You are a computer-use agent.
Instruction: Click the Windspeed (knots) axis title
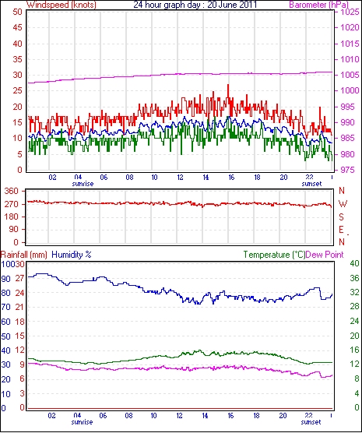(62, 5)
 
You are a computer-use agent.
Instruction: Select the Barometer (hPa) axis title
(319, 5)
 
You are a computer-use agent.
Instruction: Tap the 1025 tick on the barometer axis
(350, 12)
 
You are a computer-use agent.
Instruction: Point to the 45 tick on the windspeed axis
(17, 27)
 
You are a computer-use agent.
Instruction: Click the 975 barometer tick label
(346, 170)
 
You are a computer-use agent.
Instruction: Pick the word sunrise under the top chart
(83, 184)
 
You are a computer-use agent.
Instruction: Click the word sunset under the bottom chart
(311, 422)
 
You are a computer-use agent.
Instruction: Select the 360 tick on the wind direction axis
(12, 191)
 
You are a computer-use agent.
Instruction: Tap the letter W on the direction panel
(343, 204)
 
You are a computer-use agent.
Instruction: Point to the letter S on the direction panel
(342, 217)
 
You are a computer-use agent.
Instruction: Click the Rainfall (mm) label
(24, 255)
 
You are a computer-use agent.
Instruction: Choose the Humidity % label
(72, 255)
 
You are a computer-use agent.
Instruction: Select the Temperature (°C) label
(275, 255)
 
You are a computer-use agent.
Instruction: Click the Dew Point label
(325, 255)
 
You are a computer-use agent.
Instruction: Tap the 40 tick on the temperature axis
(354, 263)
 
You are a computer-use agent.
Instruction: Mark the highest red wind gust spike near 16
(228, 85)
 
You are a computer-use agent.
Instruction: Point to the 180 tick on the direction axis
(12, 217)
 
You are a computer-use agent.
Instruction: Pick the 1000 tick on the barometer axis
(350, 90)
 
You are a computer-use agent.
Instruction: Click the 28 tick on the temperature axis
(354, 307)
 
